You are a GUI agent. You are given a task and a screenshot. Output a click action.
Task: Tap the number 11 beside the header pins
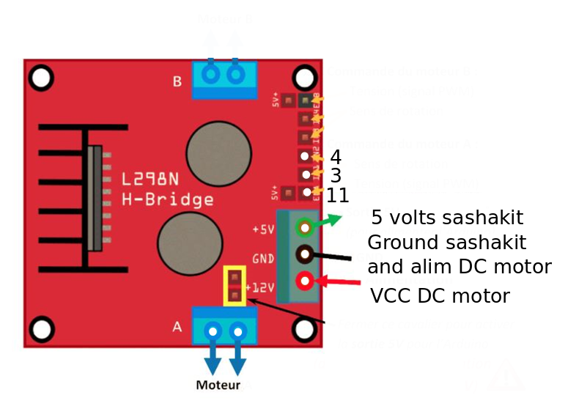coord(337,196)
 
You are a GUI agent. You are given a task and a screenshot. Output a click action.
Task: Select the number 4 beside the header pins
coord(336,157)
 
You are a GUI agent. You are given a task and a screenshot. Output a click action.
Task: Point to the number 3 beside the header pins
coord(336,176)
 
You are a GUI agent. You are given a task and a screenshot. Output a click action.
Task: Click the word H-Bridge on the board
coord(168,199)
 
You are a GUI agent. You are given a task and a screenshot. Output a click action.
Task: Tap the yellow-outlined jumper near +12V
coord(235,286)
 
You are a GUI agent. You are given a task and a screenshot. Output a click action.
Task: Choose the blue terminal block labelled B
coord(224,79)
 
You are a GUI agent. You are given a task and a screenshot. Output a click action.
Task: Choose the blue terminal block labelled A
coord(224,326)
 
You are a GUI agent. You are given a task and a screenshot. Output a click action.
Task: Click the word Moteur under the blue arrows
coord(218,385)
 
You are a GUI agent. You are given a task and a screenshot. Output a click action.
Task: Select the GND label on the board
coord(263,259)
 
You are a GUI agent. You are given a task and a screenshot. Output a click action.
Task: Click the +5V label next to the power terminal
coord(262,229)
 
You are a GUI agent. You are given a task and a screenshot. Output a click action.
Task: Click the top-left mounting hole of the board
coord(41,77)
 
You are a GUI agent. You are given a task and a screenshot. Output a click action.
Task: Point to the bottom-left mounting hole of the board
coord(41,329)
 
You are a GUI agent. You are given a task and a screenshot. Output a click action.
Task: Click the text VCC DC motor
coord(440,296)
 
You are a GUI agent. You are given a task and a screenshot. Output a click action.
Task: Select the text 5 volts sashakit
coord(447,218)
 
